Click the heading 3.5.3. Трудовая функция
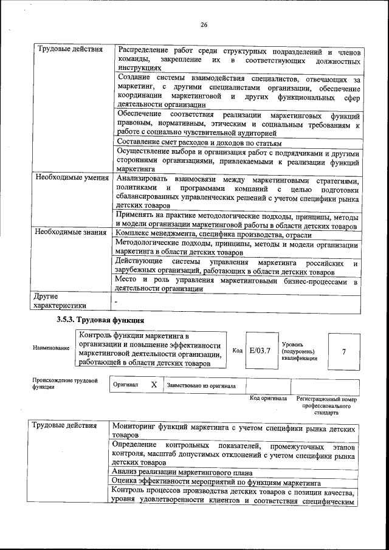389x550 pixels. [100, 320]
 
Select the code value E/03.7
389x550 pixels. [260, 351]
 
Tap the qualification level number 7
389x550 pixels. [344, 351]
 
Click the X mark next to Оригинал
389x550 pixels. [154, 385]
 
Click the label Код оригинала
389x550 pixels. [268, 399]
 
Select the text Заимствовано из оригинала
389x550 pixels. [201, 386]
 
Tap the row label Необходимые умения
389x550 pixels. [72, 179]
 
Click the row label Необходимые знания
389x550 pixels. [71, 232]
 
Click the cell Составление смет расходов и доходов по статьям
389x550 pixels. [199, 142]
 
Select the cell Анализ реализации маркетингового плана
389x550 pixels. [182, 472]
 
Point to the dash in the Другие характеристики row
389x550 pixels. [116, 300]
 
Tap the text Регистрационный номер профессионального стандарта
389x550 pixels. [326, 405]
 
